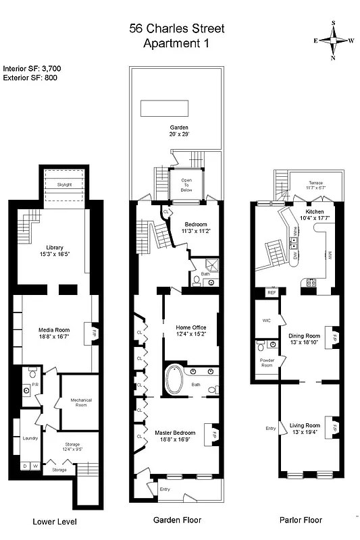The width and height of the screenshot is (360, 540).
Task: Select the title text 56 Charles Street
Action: point(177,28)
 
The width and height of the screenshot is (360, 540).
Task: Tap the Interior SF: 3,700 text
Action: point(32,68)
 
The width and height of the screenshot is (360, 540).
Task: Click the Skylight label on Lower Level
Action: point(64,184)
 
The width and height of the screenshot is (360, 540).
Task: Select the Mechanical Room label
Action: point(80,402)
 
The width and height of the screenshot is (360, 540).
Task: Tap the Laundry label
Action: point(29,438)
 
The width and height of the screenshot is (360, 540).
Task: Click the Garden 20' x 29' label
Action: point(179,130)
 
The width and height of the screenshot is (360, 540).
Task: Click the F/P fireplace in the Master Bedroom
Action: point(214,433)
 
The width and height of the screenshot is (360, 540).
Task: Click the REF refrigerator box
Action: point(272,292)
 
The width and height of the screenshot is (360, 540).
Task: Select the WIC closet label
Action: point(265,322)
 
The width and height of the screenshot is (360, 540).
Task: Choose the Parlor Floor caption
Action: point(301,520)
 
